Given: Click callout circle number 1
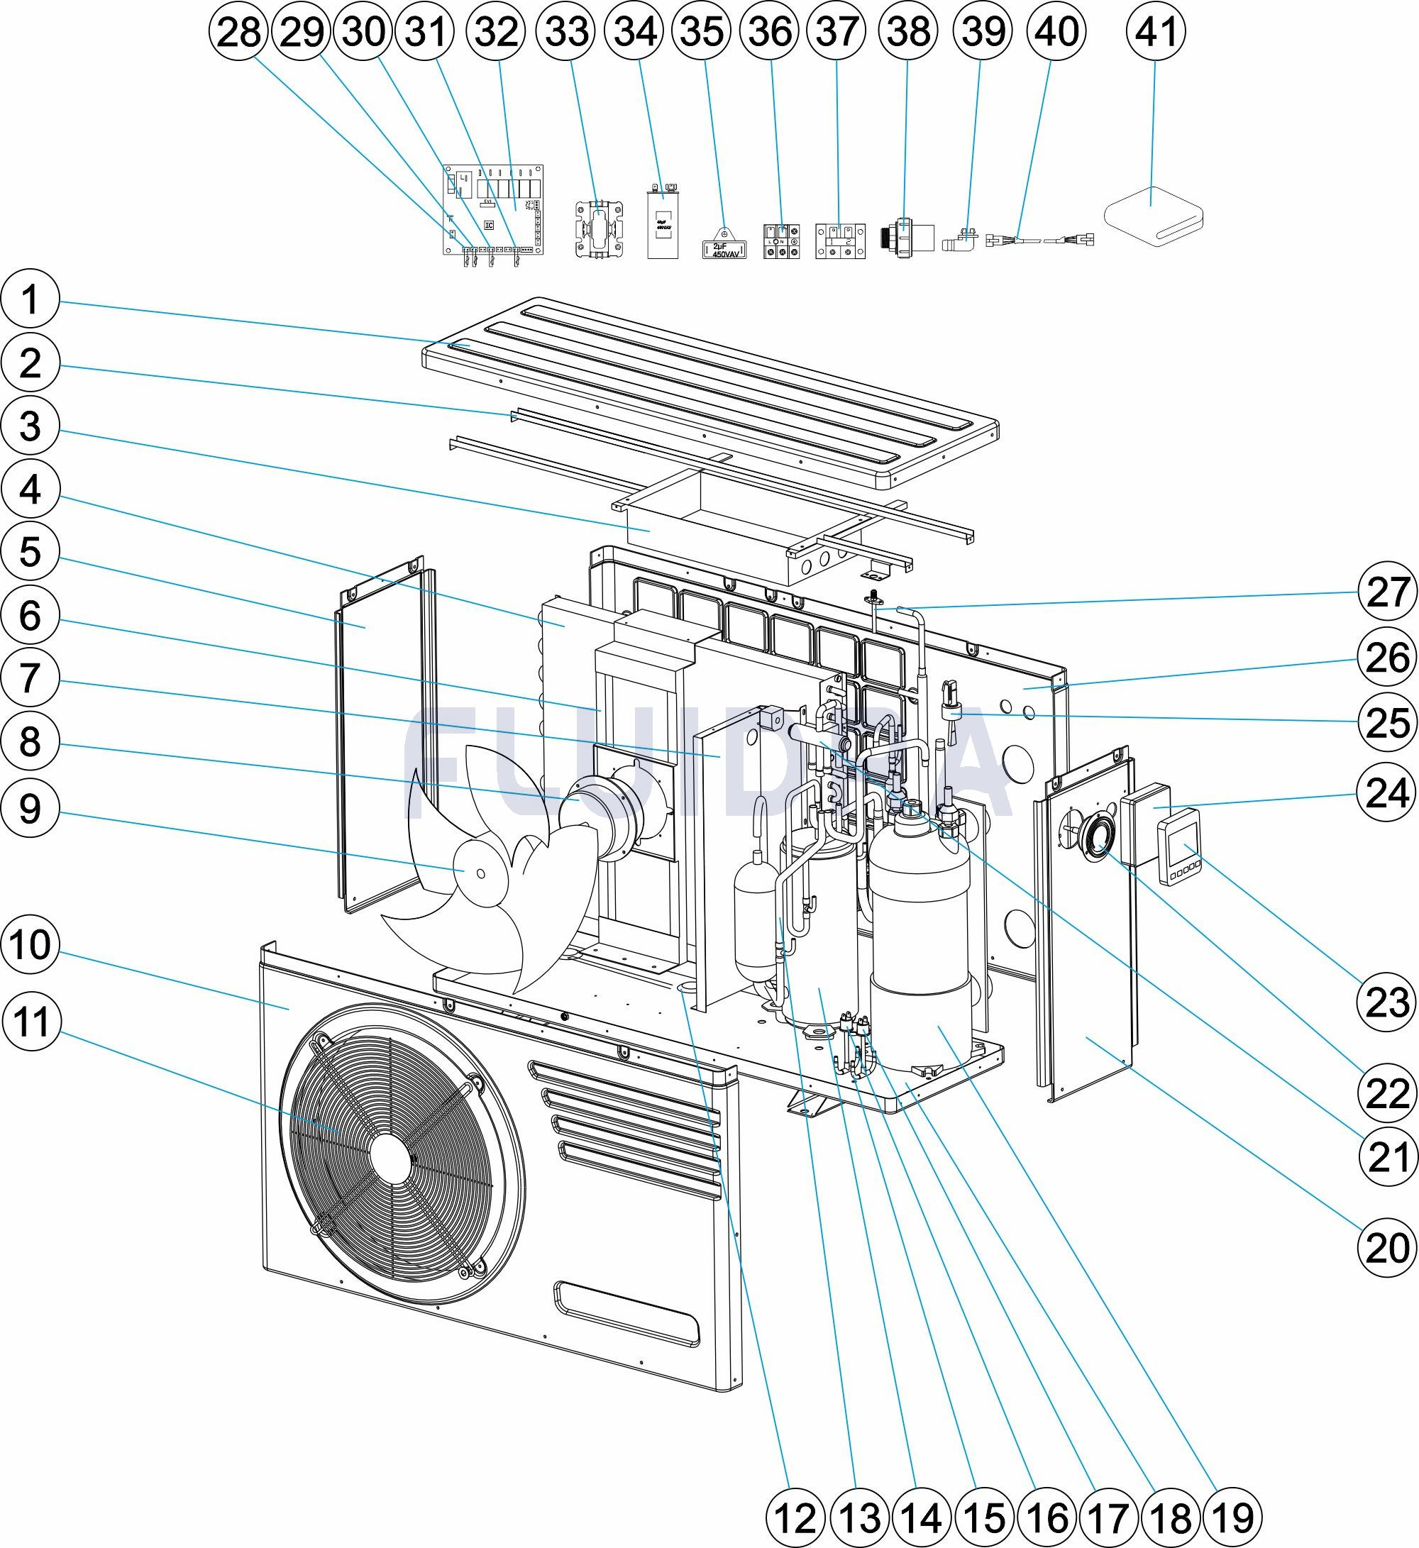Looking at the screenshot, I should click(29, 299).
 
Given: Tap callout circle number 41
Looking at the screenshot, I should click(1156, 31).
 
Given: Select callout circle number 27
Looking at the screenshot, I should click(1388, 591).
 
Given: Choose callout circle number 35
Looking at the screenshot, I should click(702, 31).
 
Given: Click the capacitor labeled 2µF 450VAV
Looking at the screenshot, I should click(724, 248).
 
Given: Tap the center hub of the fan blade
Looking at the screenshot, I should click(479, 874).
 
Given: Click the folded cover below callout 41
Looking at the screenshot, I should click(1152, 216).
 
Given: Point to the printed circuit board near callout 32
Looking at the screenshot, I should click(496, 211).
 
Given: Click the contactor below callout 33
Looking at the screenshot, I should click(600, 227).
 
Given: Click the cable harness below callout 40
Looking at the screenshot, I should click(1040, 239).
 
